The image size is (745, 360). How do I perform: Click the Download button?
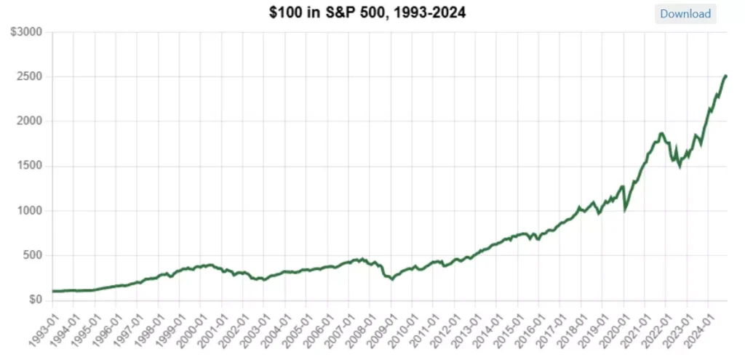click(685, 14)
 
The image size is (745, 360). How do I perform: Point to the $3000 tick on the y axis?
click(26, 32)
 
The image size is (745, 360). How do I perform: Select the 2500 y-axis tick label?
click(30, 77)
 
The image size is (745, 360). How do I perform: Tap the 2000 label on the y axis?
click(30, 121)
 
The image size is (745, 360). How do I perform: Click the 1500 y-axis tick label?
click(30, 166)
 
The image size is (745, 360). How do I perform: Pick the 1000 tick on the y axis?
click(30, 211)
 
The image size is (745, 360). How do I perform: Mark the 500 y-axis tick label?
click(32, 255)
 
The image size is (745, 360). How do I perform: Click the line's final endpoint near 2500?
click(725, 76)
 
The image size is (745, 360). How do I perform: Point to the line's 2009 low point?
click(392, 279)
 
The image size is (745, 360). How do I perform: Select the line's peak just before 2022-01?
click(661, 133)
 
